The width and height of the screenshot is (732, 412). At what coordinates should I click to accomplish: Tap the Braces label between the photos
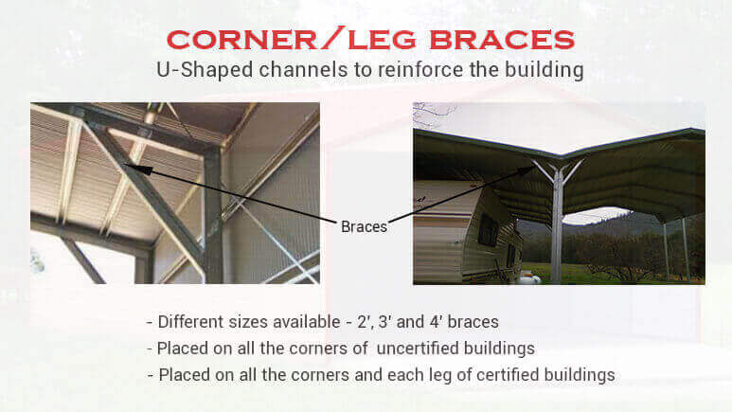pyautogui.click(x=364, y=226)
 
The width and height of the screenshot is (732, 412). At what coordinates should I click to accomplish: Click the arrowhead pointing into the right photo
pyautogui.click(x=529, y=171)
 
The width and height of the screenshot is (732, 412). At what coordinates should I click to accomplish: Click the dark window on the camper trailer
pyautogui.click(x=486, y=229)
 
